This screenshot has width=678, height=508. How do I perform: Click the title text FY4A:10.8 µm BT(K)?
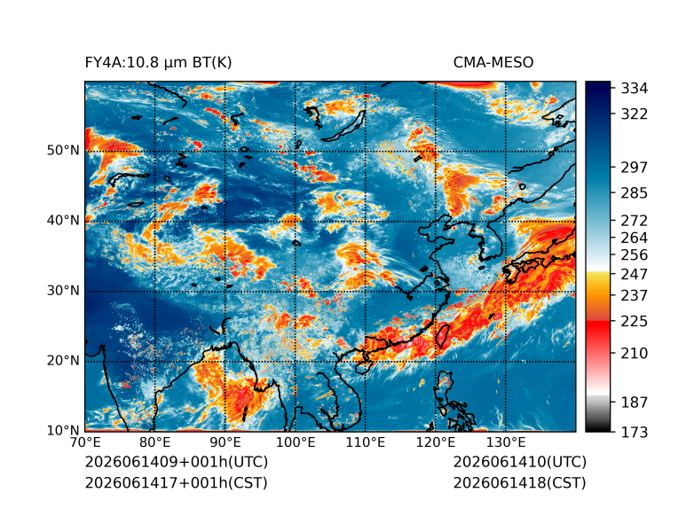click(x=158, y=63)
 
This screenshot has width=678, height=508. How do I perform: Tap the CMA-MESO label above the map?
click(x=493, y=63)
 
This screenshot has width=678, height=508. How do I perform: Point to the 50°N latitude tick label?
click(x=63, y=151)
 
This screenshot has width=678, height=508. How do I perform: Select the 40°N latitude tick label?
click(x=63, y=221)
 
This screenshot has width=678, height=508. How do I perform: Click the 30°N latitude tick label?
click(x=63, y=291)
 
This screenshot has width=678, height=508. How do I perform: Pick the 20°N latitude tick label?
click(x=63, y=361)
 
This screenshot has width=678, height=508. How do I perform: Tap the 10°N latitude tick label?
click(x=63, y=431)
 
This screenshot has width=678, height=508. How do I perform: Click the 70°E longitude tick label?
click(x=85, y=442)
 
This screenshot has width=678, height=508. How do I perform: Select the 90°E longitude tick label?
click(x=225, y=442)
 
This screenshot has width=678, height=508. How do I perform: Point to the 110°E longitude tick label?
click(x=366, y=442)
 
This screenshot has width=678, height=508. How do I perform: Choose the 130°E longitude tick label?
click(x=506, y=442)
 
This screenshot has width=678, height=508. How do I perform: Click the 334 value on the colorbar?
click(x=635, y=89)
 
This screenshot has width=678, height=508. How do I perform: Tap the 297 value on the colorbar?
click(x=635, y=168)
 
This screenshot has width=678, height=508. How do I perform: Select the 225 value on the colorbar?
click(x=635, y=322)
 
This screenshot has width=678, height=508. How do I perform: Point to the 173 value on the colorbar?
click(x=635, y=432)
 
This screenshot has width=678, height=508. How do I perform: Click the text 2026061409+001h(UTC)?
click(x=177, y=462)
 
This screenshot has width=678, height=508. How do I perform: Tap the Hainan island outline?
click(x=362, y=367)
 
